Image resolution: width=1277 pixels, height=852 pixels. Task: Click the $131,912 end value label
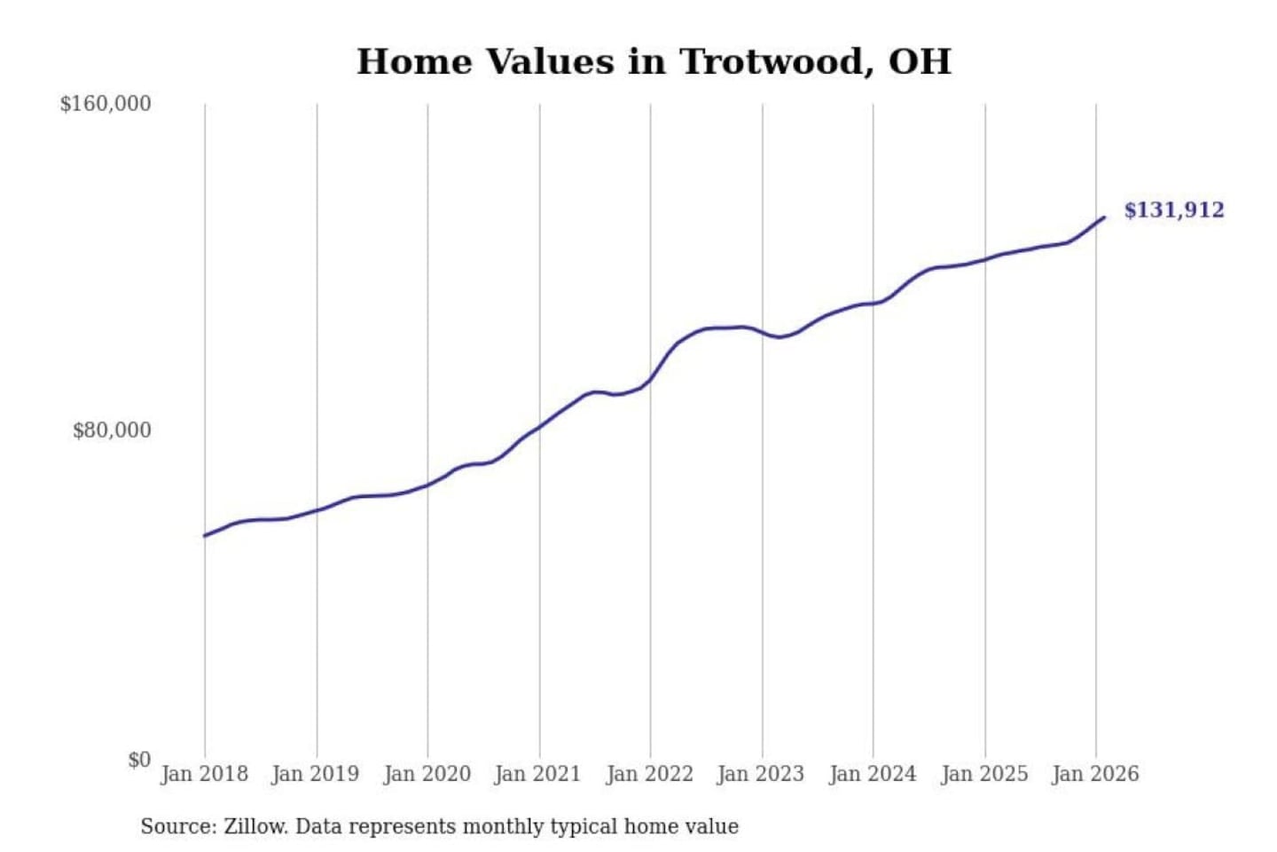1173,210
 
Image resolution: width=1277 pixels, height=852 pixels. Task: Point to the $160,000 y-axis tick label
106,104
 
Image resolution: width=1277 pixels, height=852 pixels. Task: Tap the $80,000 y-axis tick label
112,430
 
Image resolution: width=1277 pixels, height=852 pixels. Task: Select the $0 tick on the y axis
139,760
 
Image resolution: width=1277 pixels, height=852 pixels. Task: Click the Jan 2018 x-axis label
204,774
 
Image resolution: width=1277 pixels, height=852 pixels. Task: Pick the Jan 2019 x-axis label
315,774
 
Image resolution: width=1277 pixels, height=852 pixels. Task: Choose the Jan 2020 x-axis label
427,774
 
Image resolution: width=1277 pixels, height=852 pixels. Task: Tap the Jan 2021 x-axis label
537,774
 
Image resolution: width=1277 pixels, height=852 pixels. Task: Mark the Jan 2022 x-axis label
649,774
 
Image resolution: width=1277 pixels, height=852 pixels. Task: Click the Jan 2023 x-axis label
760,774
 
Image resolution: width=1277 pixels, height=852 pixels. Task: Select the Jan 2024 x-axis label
872,774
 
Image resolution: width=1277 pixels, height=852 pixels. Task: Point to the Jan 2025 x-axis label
983,774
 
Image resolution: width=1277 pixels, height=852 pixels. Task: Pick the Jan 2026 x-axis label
1094,774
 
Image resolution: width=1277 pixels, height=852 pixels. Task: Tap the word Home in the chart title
414,62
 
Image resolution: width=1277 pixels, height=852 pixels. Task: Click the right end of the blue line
1103,217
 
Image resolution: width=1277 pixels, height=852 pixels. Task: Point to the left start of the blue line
205,535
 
